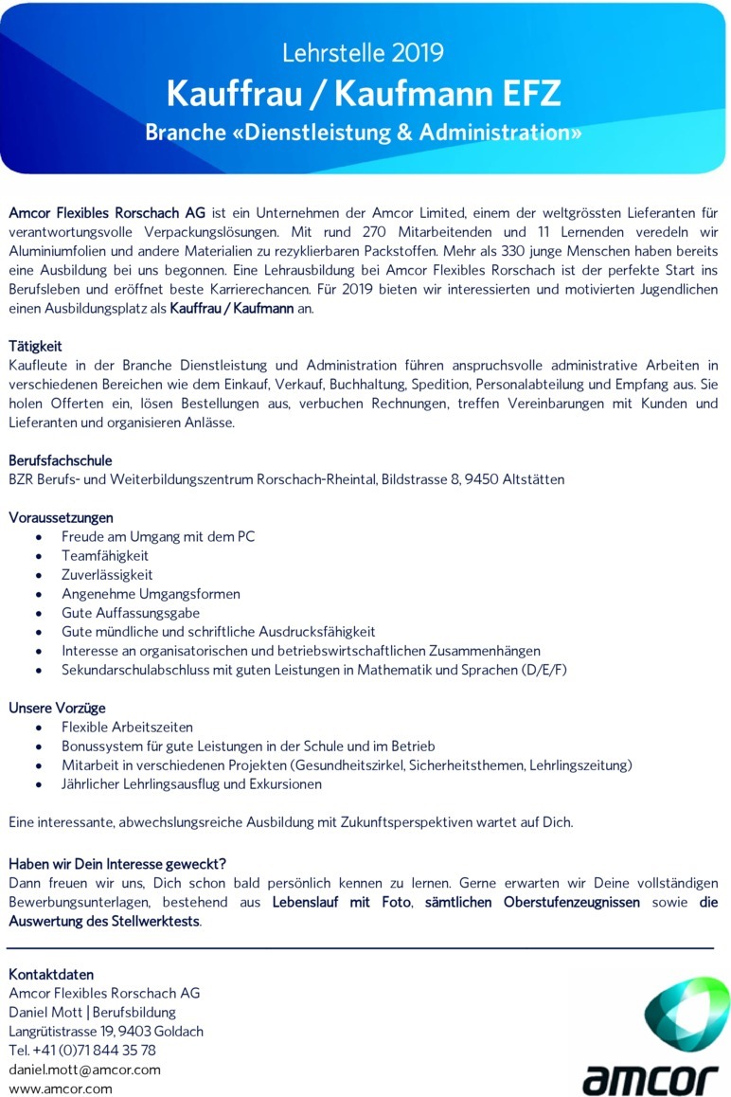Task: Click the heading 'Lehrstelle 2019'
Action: pos(365,52)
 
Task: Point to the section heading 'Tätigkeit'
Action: pos(36,346)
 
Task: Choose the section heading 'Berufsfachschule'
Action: pos(61,460)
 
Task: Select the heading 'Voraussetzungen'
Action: pos(61,517)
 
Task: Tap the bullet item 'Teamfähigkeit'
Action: pos(105,556)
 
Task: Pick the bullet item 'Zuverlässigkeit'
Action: pos(107,575)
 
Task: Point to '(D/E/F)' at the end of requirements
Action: pos(542,670)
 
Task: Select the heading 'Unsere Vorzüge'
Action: pos(57,708)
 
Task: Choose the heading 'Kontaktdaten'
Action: pos(51,974)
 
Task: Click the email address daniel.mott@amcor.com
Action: pos(84,1070)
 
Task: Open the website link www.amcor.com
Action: pos(61,1088)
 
